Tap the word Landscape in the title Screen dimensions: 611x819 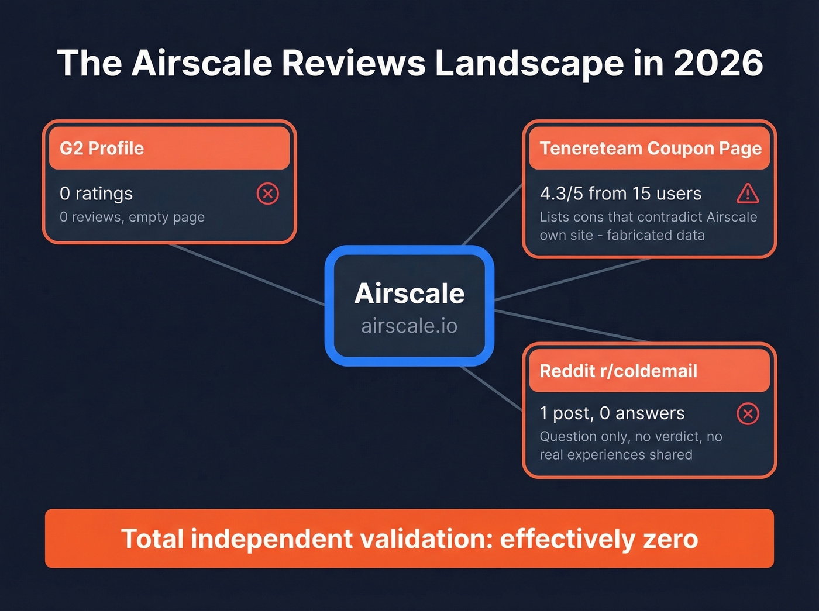coord(529,63)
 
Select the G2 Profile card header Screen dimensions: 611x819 coord(169,149)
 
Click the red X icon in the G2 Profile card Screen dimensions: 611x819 coord(268,194)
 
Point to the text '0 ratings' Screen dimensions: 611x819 coord(96,194)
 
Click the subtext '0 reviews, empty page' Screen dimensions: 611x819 coord(132,217)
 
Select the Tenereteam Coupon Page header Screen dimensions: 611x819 coord(649,149)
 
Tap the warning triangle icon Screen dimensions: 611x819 coord(748,194)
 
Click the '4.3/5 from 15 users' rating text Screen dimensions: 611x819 coord(620,194)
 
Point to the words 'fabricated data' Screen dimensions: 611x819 coord(655,235)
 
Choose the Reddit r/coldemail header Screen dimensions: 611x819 coord(649,371)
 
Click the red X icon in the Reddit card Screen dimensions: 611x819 coord(748,413)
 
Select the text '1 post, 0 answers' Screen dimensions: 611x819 coord(612,413)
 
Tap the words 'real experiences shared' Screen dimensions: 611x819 coord(615,455)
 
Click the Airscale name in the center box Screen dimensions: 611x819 coord(409,294)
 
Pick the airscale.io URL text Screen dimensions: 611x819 coord(409,326)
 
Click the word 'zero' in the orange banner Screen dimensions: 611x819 coord(670,538)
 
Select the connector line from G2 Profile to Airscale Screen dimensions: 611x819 coord(246,274)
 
